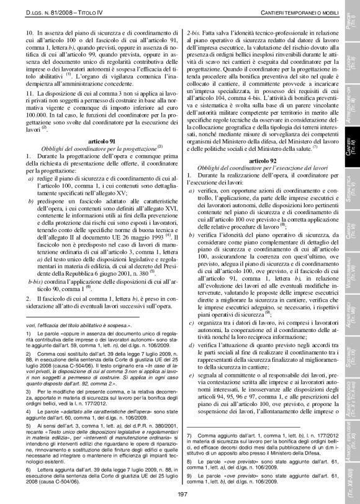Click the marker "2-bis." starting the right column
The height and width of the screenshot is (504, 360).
193,29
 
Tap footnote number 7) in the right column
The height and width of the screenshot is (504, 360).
189,436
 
